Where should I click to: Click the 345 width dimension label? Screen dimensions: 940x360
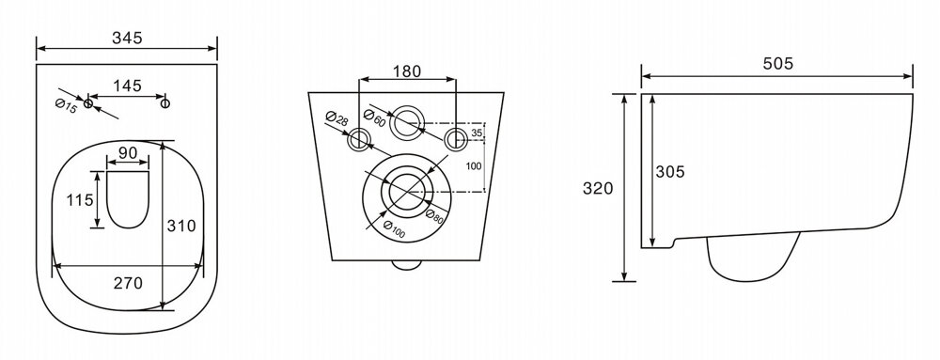(x=127, y=38)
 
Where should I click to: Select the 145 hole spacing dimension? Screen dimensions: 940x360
(x=127, y=86)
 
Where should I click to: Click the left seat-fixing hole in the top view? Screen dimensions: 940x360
(x=88, y=103)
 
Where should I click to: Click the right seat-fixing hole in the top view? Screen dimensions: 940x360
(x=165, y=103)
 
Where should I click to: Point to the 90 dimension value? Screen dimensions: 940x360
(x=127, y=153)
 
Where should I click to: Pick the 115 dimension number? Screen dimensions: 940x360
(x=79, y=199)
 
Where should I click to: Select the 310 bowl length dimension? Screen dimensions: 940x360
(x=181, y=226)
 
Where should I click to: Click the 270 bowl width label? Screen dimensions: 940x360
(x=128, y=283)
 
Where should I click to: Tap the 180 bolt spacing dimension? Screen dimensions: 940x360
(x=407, y=71)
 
